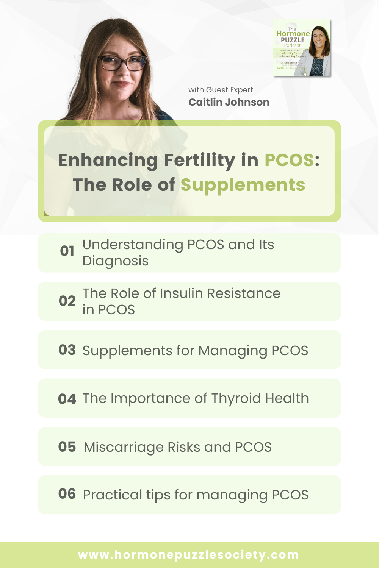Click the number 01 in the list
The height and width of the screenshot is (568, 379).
(x=67, y=251)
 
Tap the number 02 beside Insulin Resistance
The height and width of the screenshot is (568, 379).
(x=67, y=301)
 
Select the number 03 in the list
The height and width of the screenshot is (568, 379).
(x=67, y=350)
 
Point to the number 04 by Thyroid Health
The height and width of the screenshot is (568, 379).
(x=67, y=399)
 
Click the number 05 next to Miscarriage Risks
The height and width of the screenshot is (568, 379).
(x=67, y=447)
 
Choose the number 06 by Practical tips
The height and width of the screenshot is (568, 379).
(x=67, y=494)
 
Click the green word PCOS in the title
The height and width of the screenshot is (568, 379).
(x=289, y=160)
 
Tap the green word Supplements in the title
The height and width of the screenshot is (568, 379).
(x=243, y=185)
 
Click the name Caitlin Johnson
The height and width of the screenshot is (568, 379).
(x=229, y=102)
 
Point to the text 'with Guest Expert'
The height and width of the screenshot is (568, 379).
(x=221, y=90)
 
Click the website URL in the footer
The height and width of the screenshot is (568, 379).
(x=189, y=555)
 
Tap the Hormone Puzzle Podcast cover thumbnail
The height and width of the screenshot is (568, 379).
(x=302, y=48)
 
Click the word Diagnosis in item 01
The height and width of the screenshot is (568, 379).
(x=116, y=261)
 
